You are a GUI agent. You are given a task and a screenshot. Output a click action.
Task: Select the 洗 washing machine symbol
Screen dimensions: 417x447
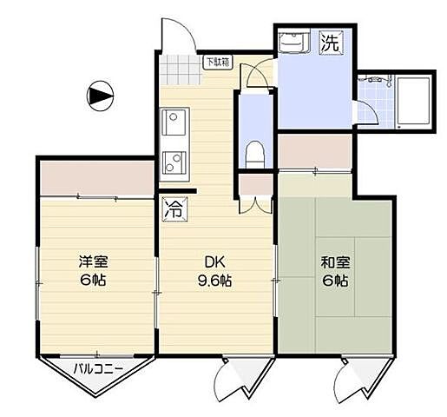pos(331,42)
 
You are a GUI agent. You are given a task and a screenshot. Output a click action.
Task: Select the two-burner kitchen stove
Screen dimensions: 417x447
pos(173,162)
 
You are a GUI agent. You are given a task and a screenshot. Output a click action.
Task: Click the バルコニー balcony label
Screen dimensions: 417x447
pos(97,367)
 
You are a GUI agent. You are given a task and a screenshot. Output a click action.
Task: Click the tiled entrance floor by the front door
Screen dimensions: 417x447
pos(180,66)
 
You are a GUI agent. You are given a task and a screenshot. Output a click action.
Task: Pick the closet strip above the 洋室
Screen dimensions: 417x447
pos(96,177)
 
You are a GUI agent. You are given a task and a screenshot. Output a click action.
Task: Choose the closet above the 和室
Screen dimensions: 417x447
pos(313,153)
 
